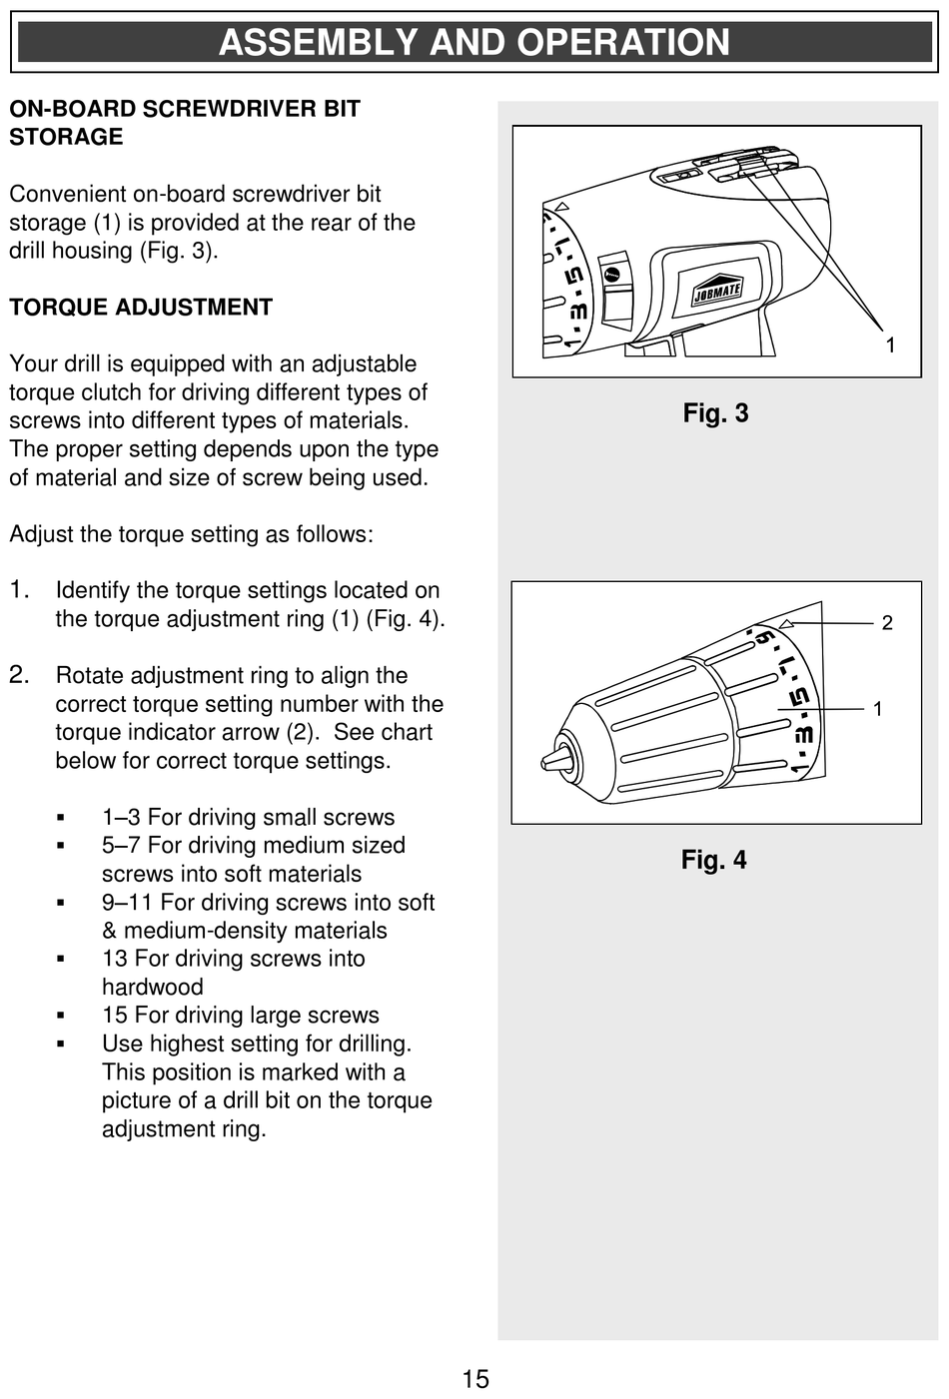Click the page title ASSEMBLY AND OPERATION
[474, 43]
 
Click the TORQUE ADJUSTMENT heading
[141, 308]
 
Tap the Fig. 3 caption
[715, 413]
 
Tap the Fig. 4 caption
[713, 860]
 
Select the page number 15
[475, 1379]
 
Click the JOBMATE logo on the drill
[717, 291]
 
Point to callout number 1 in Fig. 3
[890, 346]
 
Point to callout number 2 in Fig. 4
[886, 623]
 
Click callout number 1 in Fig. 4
[877, 709]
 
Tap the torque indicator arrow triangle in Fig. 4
[787, 624]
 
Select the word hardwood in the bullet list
[153, 988]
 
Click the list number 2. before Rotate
[20, 675]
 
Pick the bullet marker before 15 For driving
[61, 1016]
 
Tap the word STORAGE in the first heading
[66, 137]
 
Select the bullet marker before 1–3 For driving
[61, 818]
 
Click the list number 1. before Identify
[20, 590]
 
